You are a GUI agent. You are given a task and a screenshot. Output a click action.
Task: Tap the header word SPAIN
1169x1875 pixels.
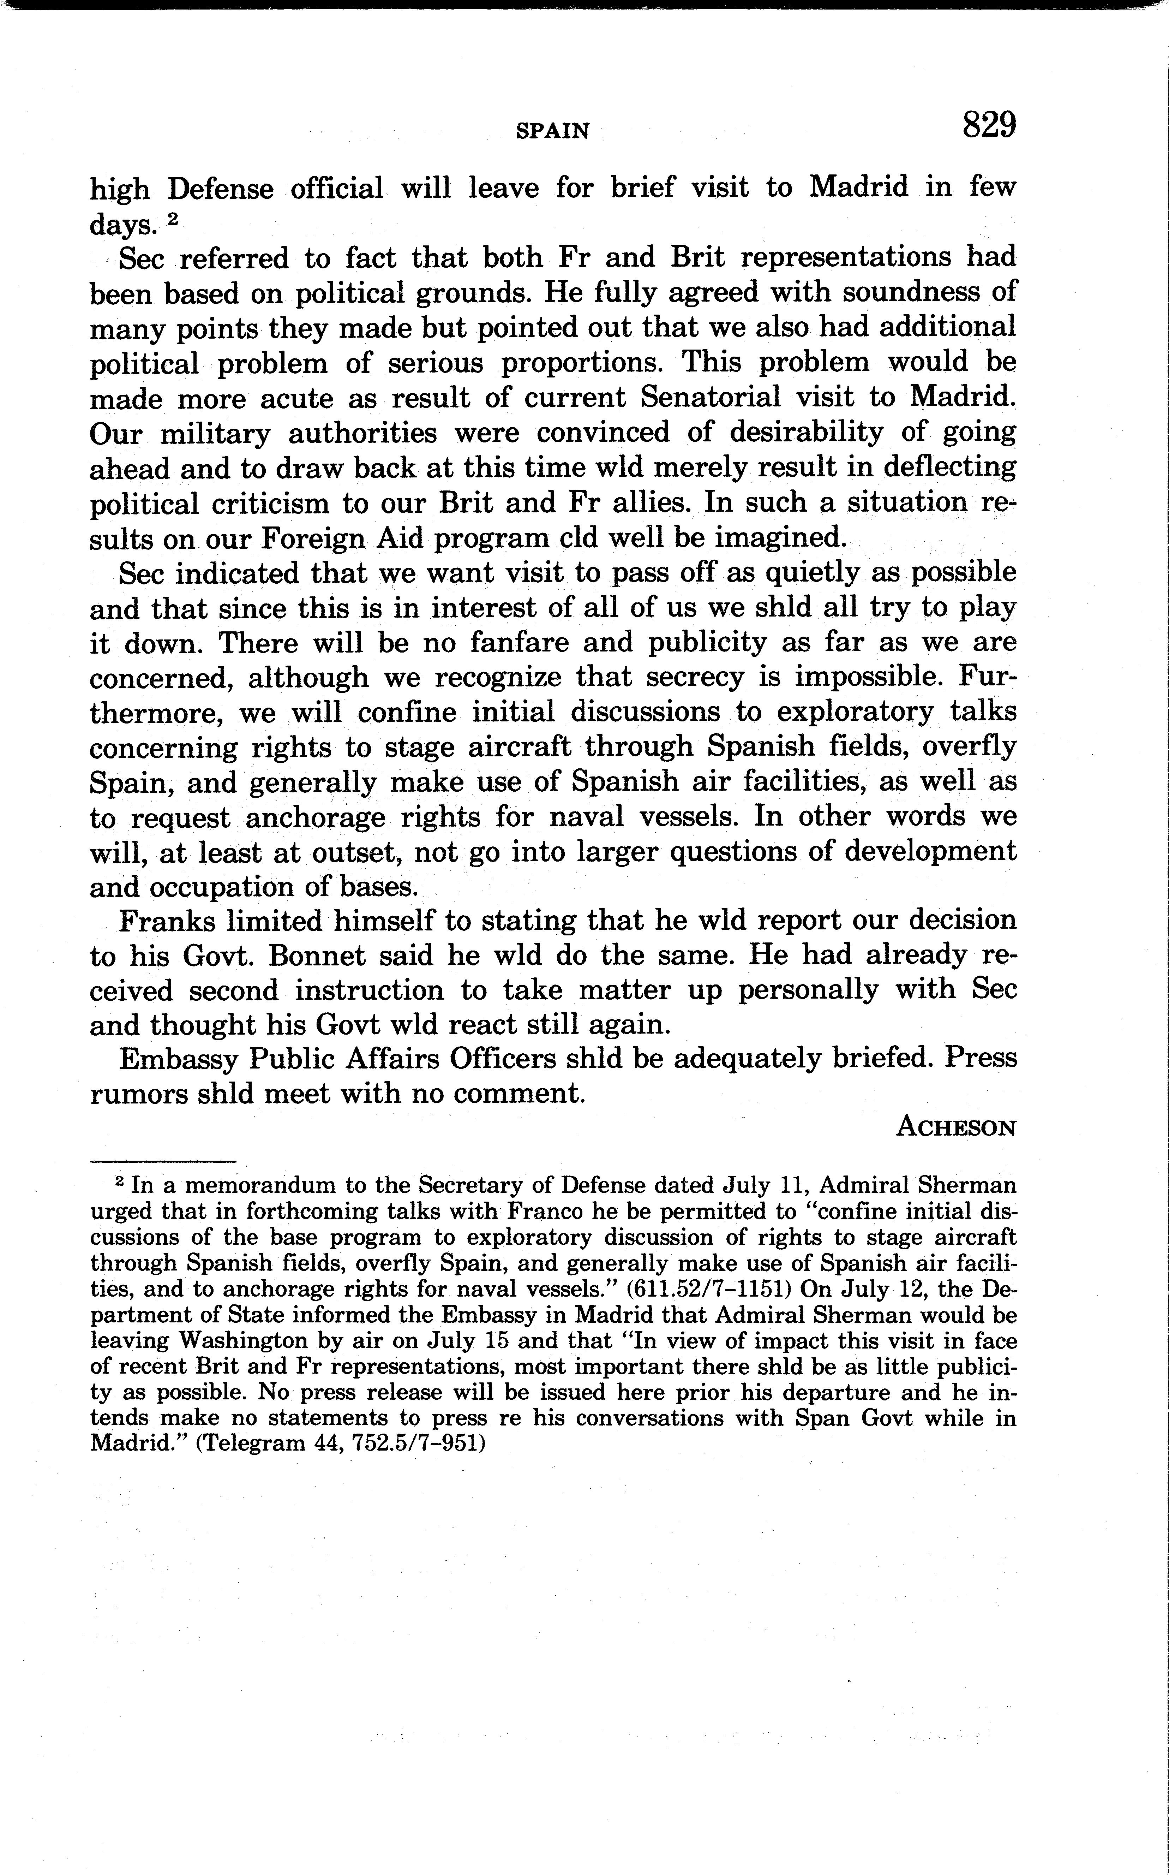click(x=552, y=131)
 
